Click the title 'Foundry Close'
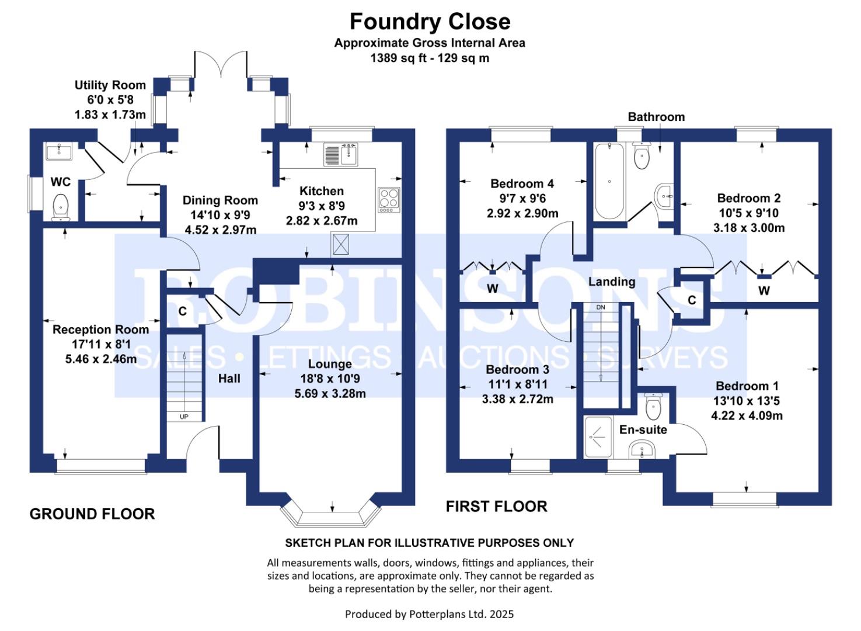tap(430, 22)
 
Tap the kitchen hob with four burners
tap(389, 199)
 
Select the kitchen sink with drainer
tap(340, 155)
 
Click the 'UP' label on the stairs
tap(184, 417)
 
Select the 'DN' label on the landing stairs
tap(601, 307)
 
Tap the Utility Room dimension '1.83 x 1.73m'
tap(110, 115)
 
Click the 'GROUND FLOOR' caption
tap(92, 514)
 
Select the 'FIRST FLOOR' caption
tap(496, 507)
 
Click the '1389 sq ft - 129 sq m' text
tap(430, 58)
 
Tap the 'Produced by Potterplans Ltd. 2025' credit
tap(429, 614)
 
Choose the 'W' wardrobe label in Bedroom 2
tap(764, 290)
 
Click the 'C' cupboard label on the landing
tap(692, 300)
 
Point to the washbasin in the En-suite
tap(642, 450)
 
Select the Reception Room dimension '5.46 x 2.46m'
tap(101, 359)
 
